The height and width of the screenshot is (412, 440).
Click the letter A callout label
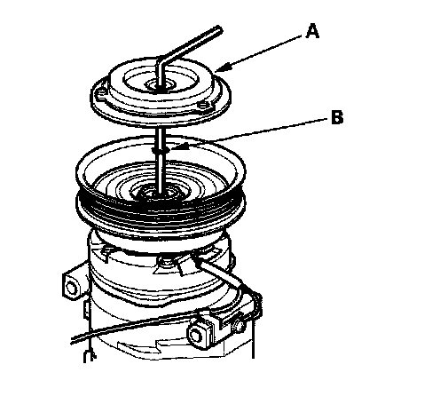pos(312,31)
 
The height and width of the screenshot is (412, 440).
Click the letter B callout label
pos(337,117)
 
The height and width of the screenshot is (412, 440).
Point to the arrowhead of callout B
pos(177,147)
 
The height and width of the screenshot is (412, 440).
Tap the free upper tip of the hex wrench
pos(219,28)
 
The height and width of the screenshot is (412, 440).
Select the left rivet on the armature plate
pos(102,94)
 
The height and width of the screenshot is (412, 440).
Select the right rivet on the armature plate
pos(203,105)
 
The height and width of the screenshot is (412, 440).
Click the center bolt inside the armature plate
pos(160,86)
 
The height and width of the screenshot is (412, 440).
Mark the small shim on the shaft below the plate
pos(161,150)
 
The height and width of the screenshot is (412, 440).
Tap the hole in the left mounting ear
pos(71,287)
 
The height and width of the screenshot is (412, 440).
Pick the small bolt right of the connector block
pos(239,326)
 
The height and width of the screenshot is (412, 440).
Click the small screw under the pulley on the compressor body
pos(166,262)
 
